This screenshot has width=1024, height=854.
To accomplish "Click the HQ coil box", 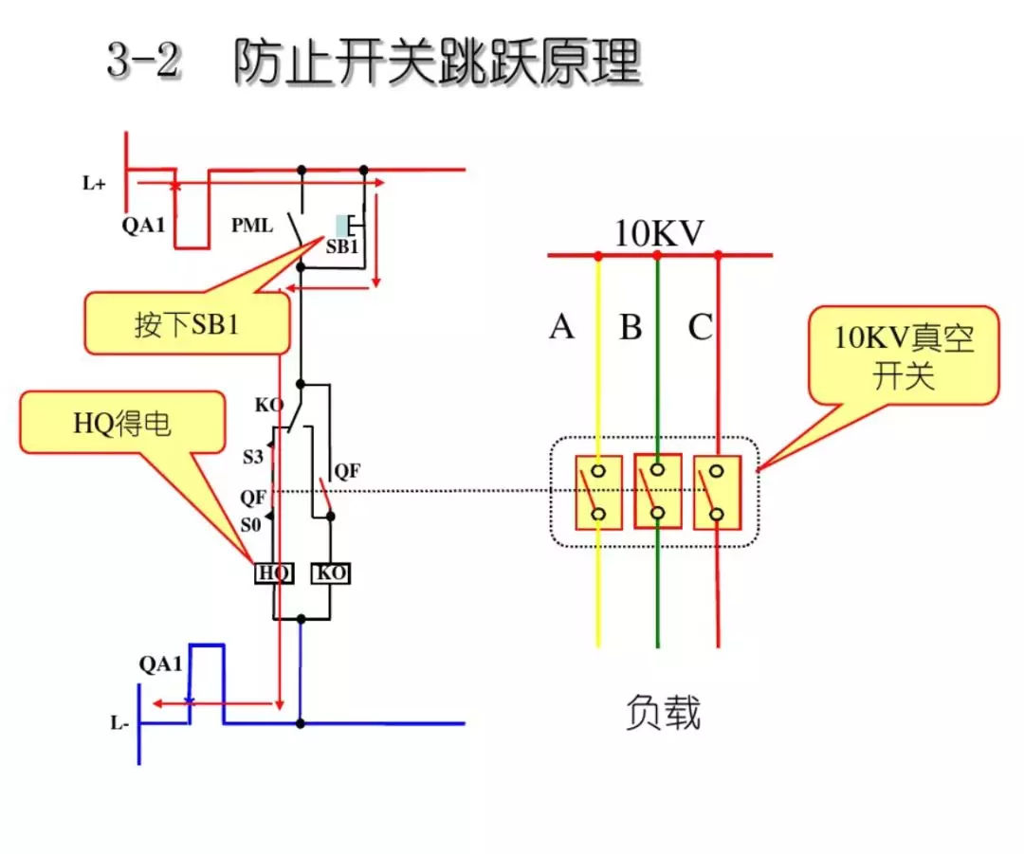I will [274, 572].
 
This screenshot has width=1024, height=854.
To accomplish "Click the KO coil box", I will [330, 572].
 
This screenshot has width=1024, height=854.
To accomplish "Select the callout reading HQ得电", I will [123, 424].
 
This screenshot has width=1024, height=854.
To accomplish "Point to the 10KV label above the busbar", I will [659, 233].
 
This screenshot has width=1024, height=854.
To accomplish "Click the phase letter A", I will [561, 327].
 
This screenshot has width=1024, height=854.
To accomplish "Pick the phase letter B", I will [631, 327].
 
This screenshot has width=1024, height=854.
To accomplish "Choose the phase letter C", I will [700, 327].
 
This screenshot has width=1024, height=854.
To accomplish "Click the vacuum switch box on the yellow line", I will [598, 492].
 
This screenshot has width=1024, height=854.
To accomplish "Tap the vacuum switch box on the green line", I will [657, 492].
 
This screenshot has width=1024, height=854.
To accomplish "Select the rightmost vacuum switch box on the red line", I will [717, 492].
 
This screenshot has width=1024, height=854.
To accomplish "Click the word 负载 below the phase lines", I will [663, 712].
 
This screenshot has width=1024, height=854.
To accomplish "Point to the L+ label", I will [93, 184].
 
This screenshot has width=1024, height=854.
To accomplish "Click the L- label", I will [119, 724].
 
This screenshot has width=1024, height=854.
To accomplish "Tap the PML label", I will [251, 227].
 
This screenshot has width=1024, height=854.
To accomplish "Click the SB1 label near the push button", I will [341, 247].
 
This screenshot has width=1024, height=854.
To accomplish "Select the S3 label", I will [251, 457].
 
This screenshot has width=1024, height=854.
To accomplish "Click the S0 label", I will [250, 523].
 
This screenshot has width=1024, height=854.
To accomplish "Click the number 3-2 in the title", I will [143, 63].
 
